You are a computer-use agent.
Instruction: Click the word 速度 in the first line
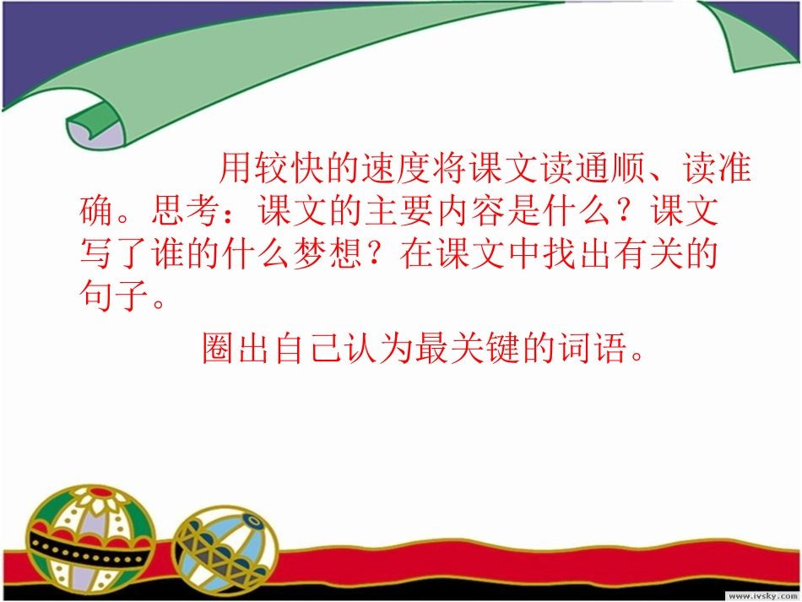[396, 170]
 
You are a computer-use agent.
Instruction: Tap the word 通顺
[610, 170]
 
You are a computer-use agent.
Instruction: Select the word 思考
[187, 212]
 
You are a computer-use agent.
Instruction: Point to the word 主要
[400, 212]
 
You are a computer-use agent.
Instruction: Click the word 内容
[471, 212]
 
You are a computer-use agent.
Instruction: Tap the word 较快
[290, 170]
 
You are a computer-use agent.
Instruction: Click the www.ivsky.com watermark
[756, 594]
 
